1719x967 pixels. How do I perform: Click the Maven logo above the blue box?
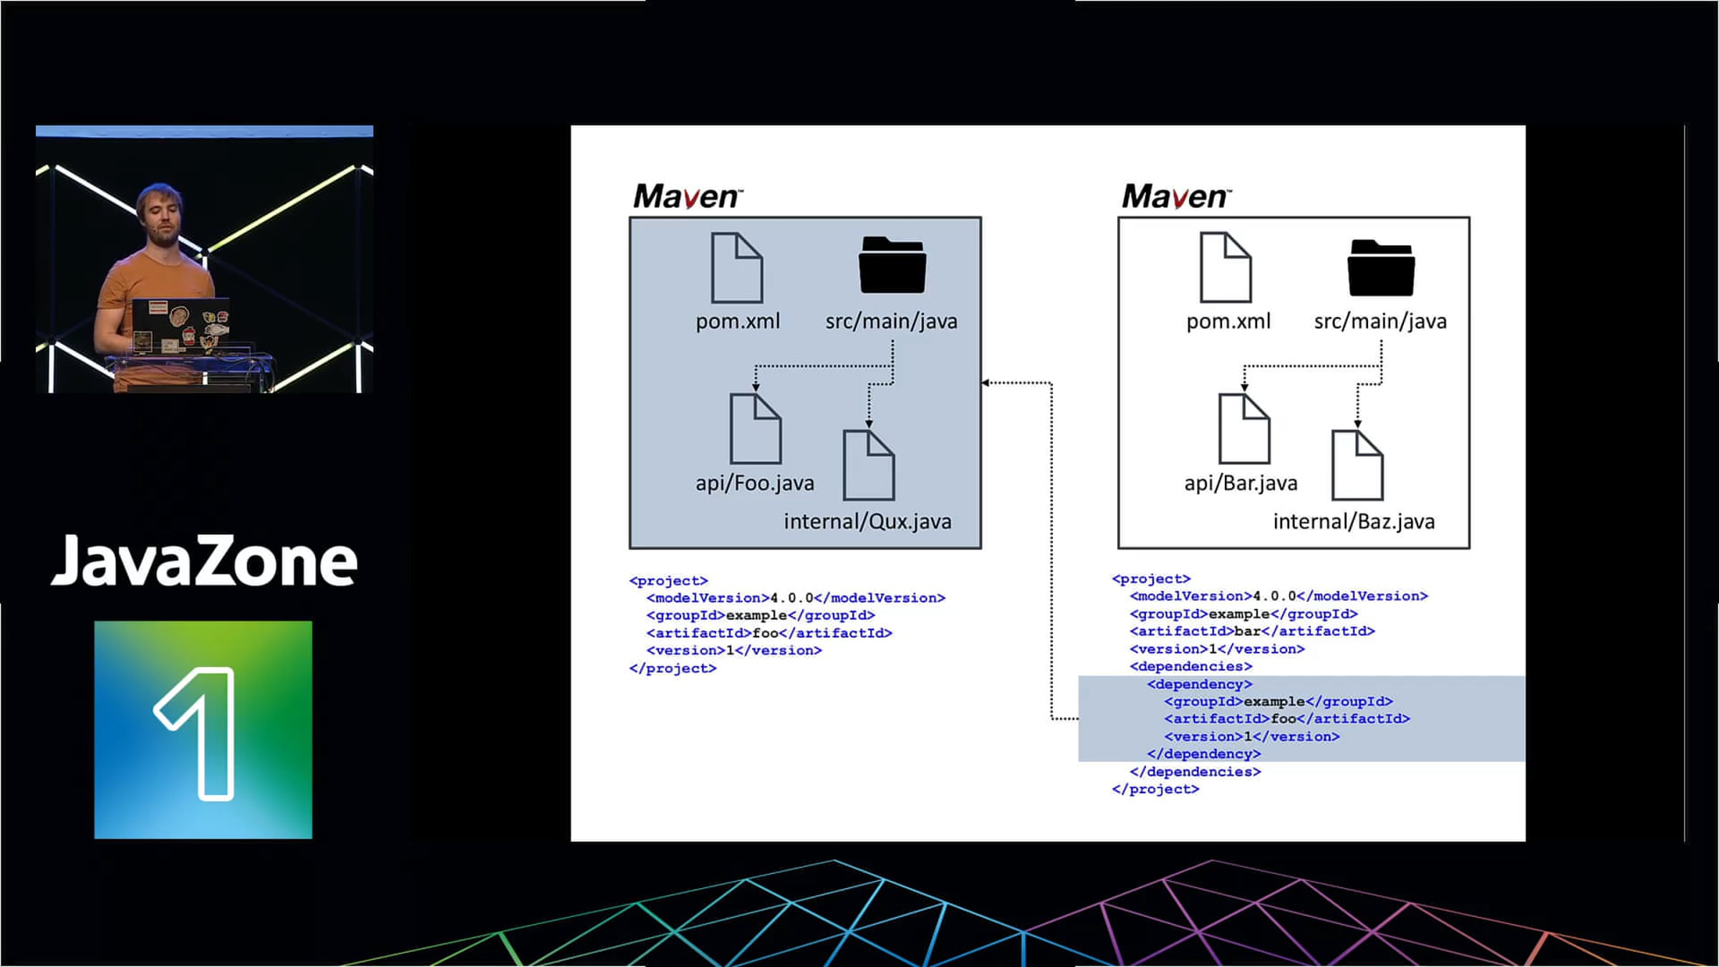point(688,196)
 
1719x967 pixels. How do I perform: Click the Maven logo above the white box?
point(1176,196)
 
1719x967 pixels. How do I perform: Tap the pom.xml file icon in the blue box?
point(737,268)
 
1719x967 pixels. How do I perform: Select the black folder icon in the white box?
point(1381,268)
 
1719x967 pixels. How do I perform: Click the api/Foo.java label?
point(755,483)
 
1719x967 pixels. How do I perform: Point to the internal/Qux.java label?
point(867,521)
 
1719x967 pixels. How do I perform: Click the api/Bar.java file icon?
point(1244,428)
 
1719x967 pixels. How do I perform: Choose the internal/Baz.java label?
point(1354,521)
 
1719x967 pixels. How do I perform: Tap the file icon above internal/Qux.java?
point(869,465)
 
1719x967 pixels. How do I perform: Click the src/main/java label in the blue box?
point(891,322)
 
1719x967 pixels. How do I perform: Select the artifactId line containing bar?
point(1252,631)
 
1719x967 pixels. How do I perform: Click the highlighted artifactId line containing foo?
point(1287,718)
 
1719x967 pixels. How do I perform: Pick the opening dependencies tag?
point(1191,666)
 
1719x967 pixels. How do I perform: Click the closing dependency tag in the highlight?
point(1203,754)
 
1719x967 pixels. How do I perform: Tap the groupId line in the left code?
point(761,615)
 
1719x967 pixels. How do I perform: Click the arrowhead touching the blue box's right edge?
point(986,383)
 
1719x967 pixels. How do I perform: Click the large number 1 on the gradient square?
point(195,733)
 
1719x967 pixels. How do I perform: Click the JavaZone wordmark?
point(204,561)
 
